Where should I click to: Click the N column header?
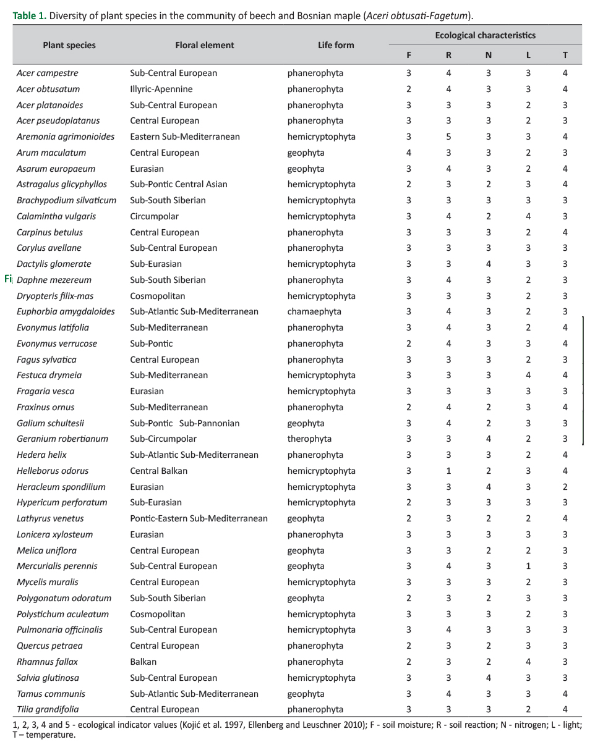coord(488,55)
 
